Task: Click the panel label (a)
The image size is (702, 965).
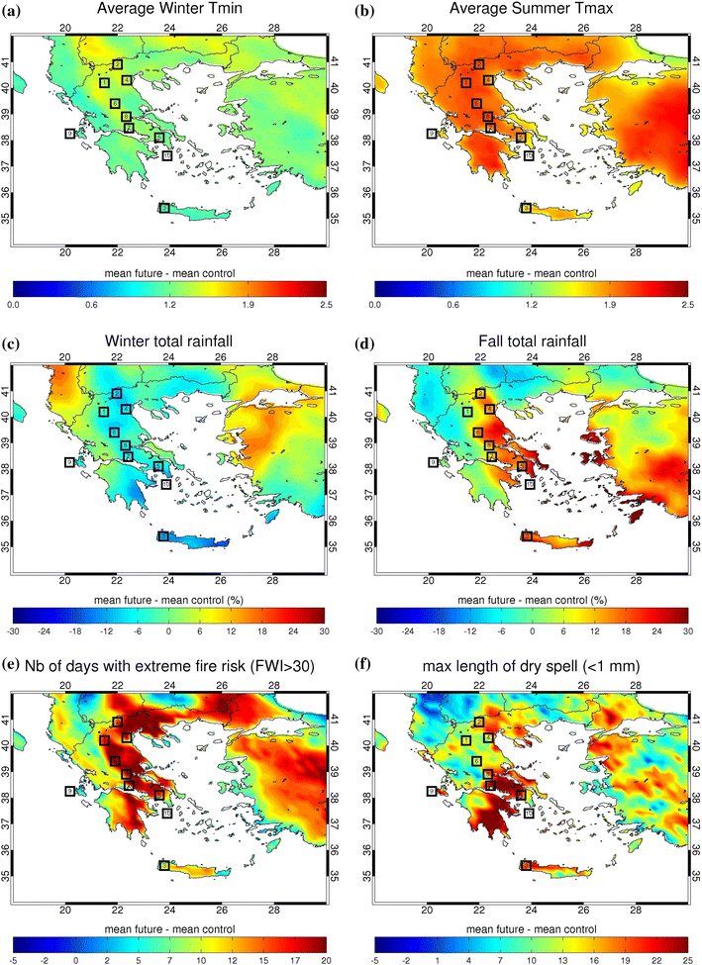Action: tap(17, 11)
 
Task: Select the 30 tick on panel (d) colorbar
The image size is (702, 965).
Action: tap(686, 629)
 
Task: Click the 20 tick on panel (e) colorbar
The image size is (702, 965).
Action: tap(325, 957)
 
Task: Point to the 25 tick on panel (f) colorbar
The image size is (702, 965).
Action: tap(686, 957)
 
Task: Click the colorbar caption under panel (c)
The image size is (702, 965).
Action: tap(169, 600)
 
